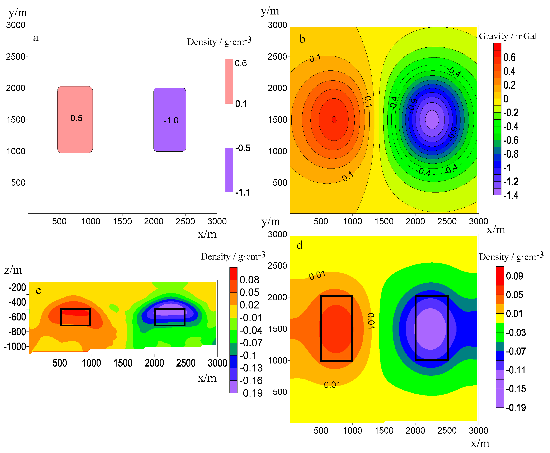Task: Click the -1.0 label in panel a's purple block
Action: coord(171,120)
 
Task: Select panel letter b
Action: coord(302,39)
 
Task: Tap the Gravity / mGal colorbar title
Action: coord(508,36)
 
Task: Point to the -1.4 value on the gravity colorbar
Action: coord(511,195)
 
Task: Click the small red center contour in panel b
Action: coord(334,120)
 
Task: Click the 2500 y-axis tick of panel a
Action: coord(16,57)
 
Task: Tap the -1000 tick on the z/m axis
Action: coord(15,347)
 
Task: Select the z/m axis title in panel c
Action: coord(13,270)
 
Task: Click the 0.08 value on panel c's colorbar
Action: coord(249,280)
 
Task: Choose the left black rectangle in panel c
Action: coord(75,317)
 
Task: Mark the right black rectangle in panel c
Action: coord(170,317)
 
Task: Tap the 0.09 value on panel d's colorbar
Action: coord(514,276)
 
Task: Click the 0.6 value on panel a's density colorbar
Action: coord(241,63)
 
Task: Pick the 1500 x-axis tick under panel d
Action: coord(384,431)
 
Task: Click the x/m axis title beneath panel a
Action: coord(207,234)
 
